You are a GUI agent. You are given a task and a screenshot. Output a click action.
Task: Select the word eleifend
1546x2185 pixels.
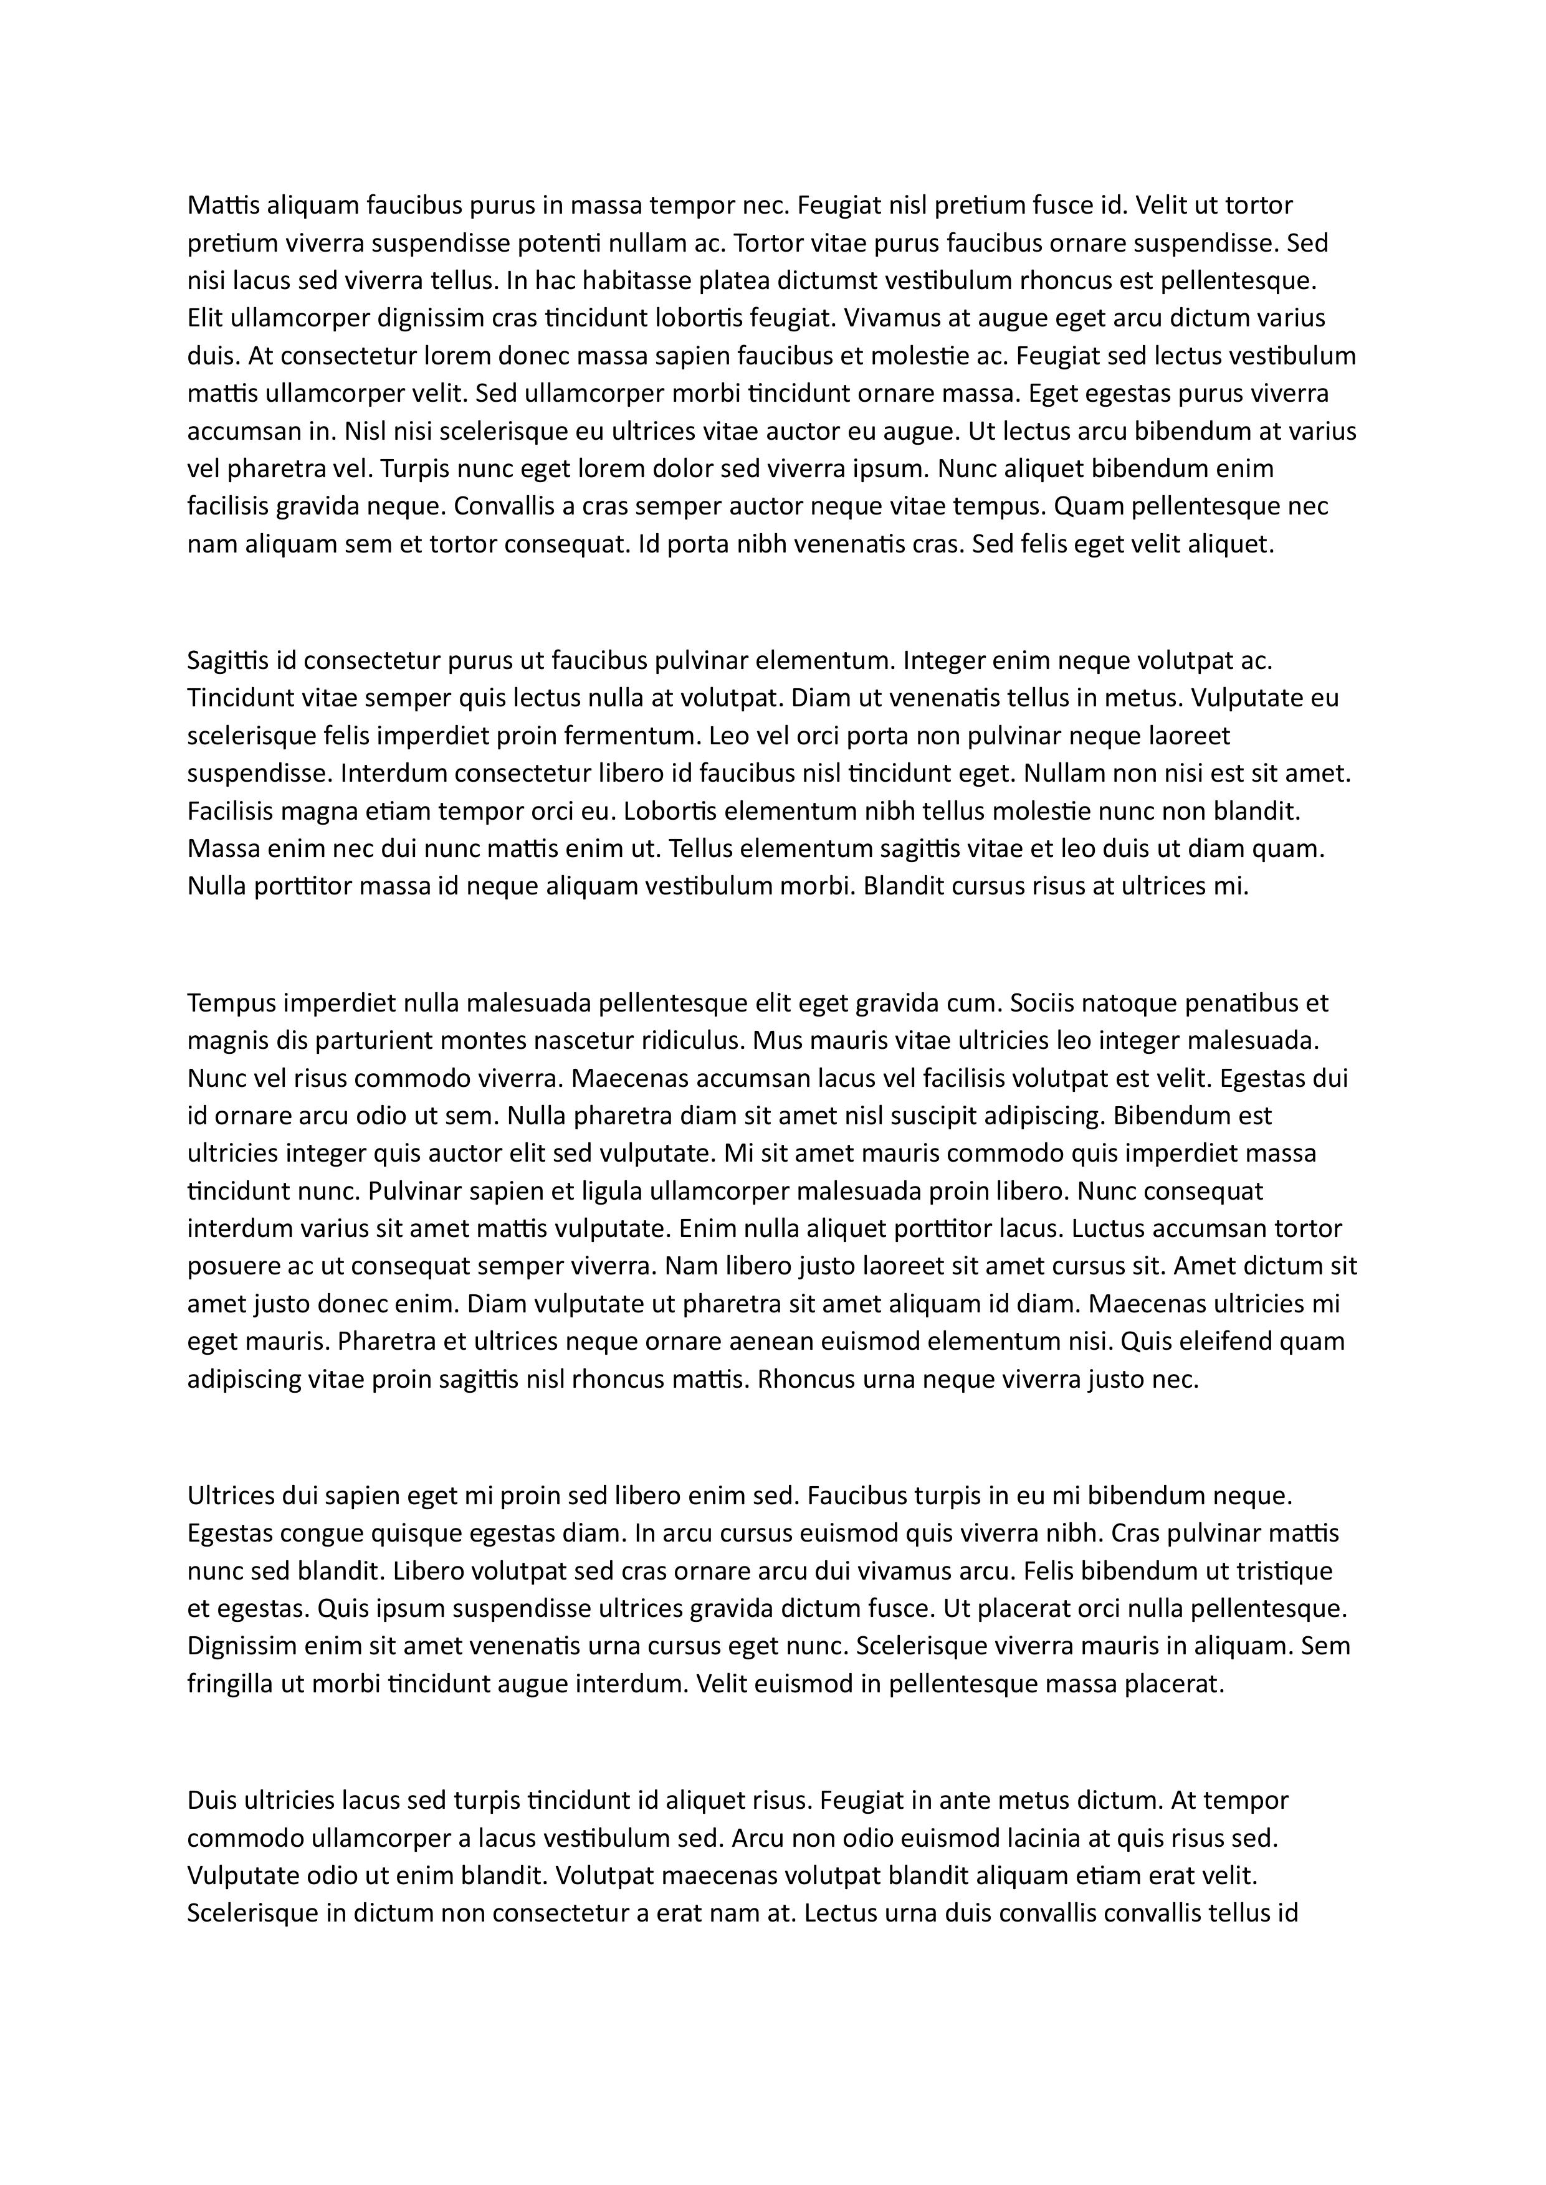coord(1223,1341)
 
